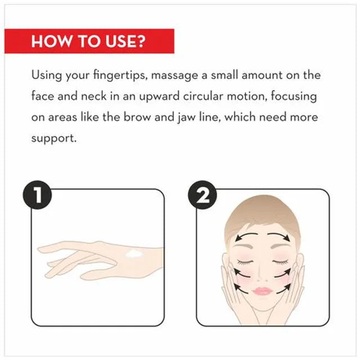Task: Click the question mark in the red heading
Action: [139, 41]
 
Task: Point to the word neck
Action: [94, 96]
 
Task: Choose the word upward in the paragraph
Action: [159, 96]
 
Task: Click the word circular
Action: [203, 96]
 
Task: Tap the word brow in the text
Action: [137, 117]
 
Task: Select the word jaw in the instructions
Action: [186, 118]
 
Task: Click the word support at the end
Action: [54, 139]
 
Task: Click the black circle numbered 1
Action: [37, 195]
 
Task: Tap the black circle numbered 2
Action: [202, 195]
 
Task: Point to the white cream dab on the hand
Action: [134, 254]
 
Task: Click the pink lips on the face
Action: [263, 291]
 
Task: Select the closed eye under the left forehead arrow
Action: [245, 262]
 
